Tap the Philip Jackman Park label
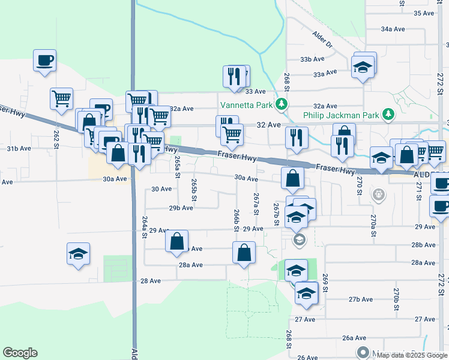point(341,115)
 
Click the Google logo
point(20,353)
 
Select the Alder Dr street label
point(322,40)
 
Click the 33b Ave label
point(312,59)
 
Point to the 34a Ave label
point(394,28)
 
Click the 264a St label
point(145,228)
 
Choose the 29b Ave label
point(181,208)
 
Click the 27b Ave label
point(361,299)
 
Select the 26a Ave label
point(354,338)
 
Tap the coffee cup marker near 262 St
point(45,61)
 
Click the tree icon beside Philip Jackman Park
point(388,114)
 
